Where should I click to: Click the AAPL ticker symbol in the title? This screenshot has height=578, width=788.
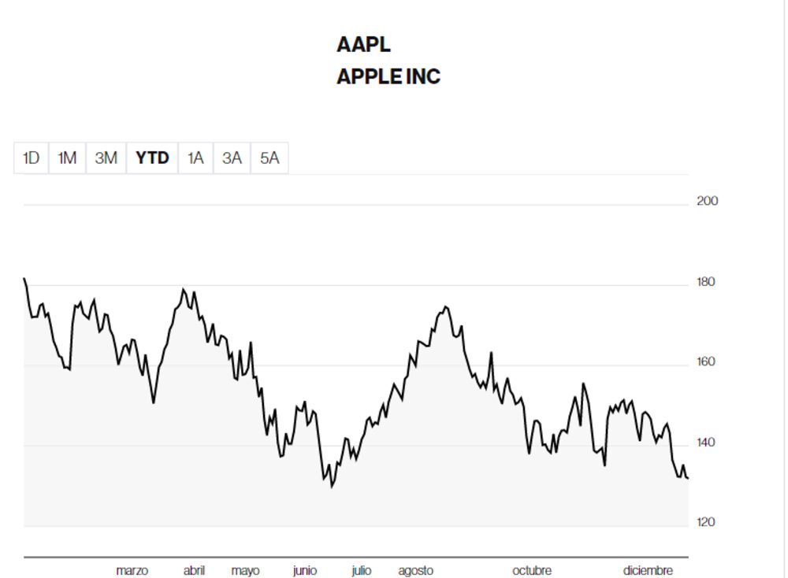click(363, 45)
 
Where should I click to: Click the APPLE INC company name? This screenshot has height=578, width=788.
click(388, 77)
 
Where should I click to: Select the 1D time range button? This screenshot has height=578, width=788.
click(31, 157)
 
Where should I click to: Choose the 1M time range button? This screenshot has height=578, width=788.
click(67, 157)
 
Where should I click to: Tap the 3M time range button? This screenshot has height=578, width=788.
click(106, 157)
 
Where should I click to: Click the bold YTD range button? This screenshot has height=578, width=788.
click(152, 157)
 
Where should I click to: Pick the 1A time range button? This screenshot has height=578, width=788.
click(195, 157)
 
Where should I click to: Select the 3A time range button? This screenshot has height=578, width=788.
click(232, 157)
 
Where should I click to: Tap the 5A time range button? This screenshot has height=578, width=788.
click(269, 157)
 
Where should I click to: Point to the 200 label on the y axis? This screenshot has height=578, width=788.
click(707, 201)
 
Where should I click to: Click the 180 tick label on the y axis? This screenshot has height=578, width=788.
click(707, 282)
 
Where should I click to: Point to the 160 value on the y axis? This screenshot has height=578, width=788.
click(707, 362)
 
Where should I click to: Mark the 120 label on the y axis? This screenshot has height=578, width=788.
click(707, 522)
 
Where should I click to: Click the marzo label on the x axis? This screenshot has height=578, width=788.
click(132, 570)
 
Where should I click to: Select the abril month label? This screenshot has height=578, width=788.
click(194, 570)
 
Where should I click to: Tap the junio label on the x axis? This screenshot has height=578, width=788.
click(305, 570)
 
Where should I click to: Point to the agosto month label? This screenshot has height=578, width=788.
click(415, 570)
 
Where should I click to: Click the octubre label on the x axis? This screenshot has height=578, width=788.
click(532, 570)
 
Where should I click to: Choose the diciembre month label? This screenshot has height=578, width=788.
click(648, 570)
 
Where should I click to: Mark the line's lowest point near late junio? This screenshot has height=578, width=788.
click(332, 487)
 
